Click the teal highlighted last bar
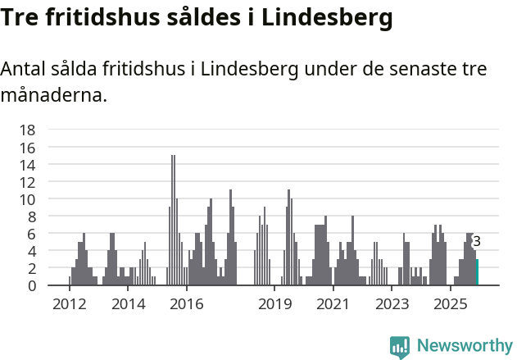pos(477,272)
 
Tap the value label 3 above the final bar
pos(477,241)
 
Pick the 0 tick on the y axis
pos(31,285)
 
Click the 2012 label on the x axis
pos(70,304)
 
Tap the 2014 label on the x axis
pos(128,304)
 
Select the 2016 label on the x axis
pos(187,304)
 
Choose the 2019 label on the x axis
pos(274,304)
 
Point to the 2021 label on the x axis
pos(333,304)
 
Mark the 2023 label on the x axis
pos(392,304)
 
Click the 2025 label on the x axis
pos(450,304)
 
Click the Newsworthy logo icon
pos(400,347)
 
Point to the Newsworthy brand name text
pos(464,346)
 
